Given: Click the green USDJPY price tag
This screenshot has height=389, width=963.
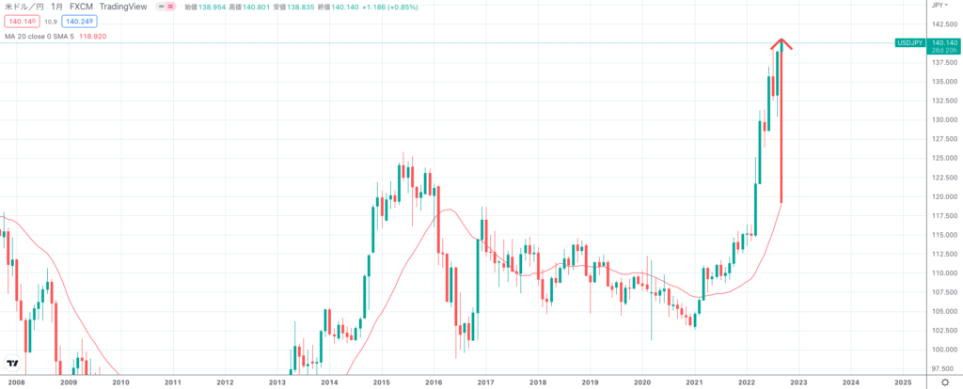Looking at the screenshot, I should click(x=908, y=43).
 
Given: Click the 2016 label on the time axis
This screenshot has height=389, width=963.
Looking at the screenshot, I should click(x=433, y=382).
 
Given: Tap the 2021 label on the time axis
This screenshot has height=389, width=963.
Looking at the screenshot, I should click(x=694, y=382).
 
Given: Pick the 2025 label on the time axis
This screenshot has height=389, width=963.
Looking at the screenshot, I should click(x=903, y=382).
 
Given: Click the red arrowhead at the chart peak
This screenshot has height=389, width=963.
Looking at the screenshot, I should click(x=781, y=42).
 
